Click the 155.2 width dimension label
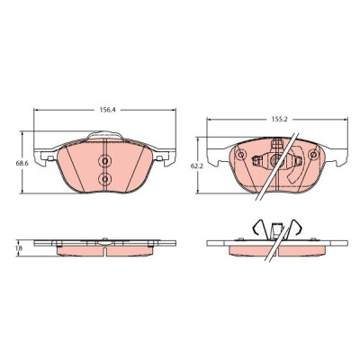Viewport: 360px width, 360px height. point(280,119)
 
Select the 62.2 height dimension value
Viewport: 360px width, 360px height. point(199,166)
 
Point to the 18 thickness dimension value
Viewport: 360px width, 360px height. point(19,248)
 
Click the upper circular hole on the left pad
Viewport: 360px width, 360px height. point(104,161)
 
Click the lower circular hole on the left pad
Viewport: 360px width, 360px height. point(104,179)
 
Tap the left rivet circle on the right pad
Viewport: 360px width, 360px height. point(240,155)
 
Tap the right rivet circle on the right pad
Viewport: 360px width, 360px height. point(314,155)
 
